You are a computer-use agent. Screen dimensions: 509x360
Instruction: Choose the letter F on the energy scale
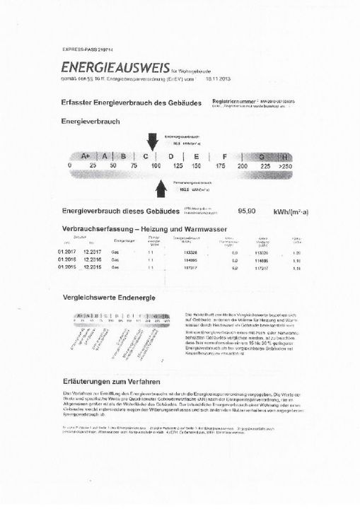tap(223, 156)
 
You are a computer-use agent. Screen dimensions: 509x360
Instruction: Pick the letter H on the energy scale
tap(285, 156)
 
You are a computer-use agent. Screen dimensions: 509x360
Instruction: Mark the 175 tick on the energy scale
tap(220, 165)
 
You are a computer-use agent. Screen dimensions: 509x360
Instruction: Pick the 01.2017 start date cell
tap(67, 252)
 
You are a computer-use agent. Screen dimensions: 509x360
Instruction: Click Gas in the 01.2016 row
tap(117, 260)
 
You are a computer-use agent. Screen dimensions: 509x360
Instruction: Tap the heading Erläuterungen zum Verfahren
tap(115, 381)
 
